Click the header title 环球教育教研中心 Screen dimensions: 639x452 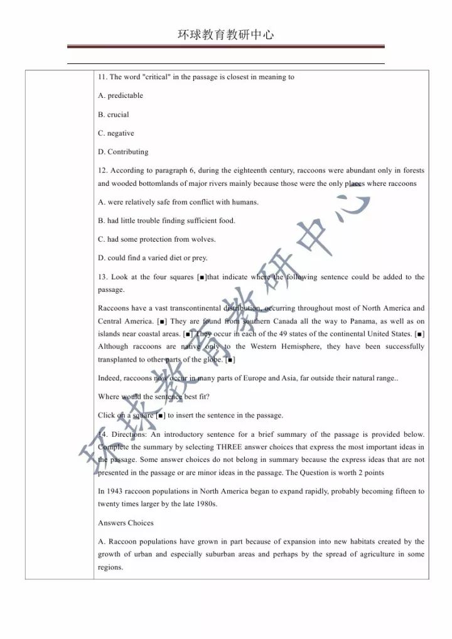[x=225, y=35]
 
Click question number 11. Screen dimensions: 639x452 [x=102, y=77]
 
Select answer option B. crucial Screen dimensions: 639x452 [x=114, y=115]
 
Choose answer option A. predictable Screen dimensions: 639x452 [x=121, y=96]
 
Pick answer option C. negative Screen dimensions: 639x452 [x=116, y=134]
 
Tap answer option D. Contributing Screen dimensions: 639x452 [x=123, y=152]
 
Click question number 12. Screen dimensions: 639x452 [x=102, y=171]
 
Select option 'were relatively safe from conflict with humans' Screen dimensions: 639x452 [x=178, y=202]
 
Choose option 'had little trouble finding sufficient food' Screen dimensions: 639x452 [x=166, y=221]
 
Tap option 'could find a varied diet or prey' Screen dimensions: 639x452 [x=153, y=258]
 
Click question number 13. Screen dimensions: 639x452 [x=102, y=277]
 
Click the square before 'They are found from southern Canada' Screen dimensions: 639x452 [x=162, y=321]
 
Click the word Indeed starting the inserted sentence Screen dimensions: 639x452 [x=109, y=378]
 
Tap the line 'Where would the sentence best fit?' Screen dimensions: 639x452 [x=154, y=397]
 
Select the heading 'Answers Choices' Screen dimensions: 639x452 [x=126, y=523]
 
